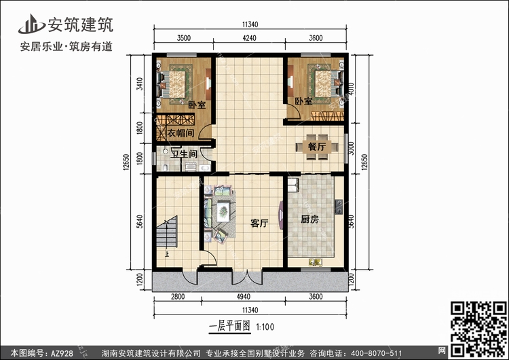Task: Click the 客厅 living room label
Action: (259, 223)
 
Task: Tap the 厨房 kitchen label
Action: (309, 219)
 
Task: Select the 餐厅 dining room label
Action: (317, 147)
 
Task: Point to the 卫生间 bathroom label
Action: (184, 154)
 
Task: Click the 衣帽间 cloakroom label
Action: (181, 133)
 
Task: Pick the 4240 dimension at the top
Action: (249, 38)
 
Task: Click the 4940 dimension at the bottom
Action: (244, 297)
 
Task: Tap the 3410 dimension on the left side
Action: (140, 84)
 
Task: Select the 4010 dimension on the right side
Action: (352, 89)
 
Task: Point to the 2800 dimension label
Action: (178, 297)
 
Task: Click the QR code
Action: (478, 329)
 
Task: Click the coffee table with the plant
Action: (223, 211)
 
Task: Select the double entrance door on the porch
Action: (247, 277)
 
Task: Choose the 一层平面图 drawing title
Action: (230, 326)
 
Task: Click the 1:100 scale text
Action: (265, 327)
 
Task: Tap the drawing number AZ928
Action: (62, 353)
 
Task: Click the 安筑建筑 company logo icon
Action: (31, 24)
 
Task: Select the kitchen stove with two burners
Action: (339, 206)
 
